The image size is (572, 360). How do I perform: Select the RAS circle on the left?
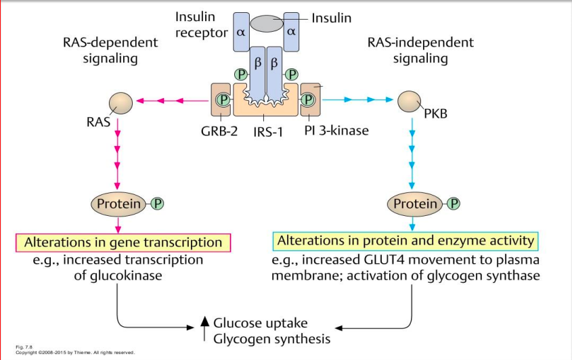[x=118, y=102]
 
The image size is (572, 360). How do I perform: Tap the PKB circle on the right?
[x=410, y=102]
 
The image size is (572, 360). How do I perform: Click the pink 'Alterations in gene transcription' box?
[x=123, y=242]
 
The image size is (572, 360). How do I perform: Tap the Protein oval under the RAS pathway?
[x=119, y=203]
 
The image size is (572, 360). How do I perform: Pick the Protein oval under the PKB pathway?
[x=415, y=203]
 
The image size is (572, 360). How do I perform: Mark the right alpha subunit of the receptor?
[x=292, y=32]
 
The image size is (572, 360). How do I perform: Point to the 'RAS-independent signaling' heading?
[x=420, y=50]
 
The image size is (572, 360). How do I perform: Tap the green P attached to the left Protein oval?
[x=158, y=203]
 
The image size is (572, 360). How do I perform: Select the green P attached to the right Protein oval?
[x=454, y=203]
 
